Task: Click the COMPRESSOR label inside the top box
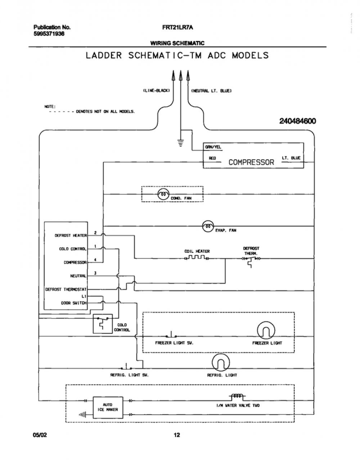[x=251, y=162]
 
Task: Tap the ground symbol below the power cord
[x=180, y=143]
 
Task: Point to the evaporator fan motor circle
[x=208, y=226]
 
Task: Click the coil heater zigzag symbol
[x=197, y=258]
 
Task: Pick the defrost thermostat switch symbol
[x=251, y=261]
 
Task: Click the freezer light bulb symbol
[x=266, y=331]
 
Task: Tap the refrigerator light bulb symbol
[x=221, y=363]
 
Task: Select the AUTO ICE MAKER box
[x=108, y=407]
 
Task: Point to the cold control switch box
[x=103, y=324]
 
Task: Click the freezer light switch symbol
[x=171, y=334]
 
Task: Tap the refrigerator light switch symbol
[x=126, y=367]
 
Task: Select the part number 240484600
[x=298, y=121]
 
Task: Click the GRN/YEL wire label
[x=213, y=147]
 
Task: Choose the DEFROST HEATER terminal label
[x=71, y=235]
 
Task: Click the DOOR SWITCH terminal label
[x=74, y=303]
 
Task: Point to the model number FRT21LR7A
[x=178, y=27]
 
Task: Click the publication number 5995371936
[x=49, y=34]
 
